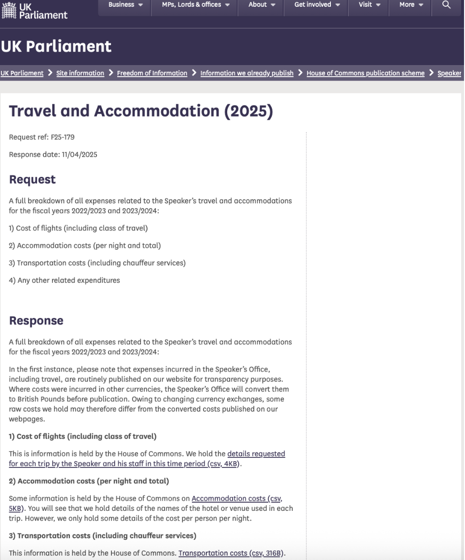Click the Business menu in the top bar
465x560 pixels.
coord(125,5)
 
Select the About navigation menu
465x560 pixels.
coord(262,5)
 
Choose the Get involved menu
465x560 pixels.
coord(317,5)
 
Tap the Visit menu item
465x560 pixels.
coord(369,5)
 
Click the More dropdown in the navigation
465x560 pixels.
coord(411,5)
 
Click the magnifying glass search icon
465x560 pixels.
coord(446,5)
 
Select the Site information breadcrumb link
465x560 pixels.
coord(80,73)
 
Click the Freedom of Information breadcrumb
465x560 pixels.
coord(152,73)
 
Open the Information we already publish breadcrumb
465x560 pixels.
coord(246,73)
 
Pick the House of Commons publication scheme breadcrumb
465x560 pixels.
coord(365,73)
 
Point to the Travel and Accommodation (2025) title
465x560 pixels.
coord(141,111)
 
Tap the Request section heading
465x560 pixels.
coord(32,180)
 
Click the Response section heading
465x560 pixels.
coord(36,321)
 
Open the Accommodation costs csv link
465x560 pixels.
coord(234,499)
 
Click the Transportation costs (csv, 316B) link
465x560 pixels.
coord(232,553)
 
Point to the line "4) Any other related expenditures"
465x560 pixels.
coord(64,280)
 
